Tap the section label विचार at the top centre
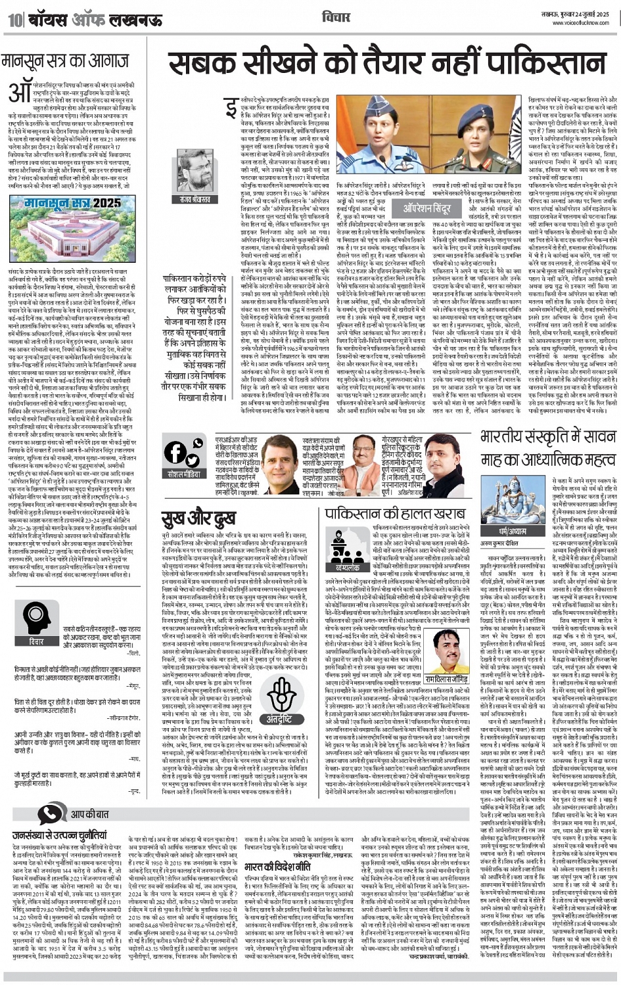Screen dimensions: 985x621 pos(332,16)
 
